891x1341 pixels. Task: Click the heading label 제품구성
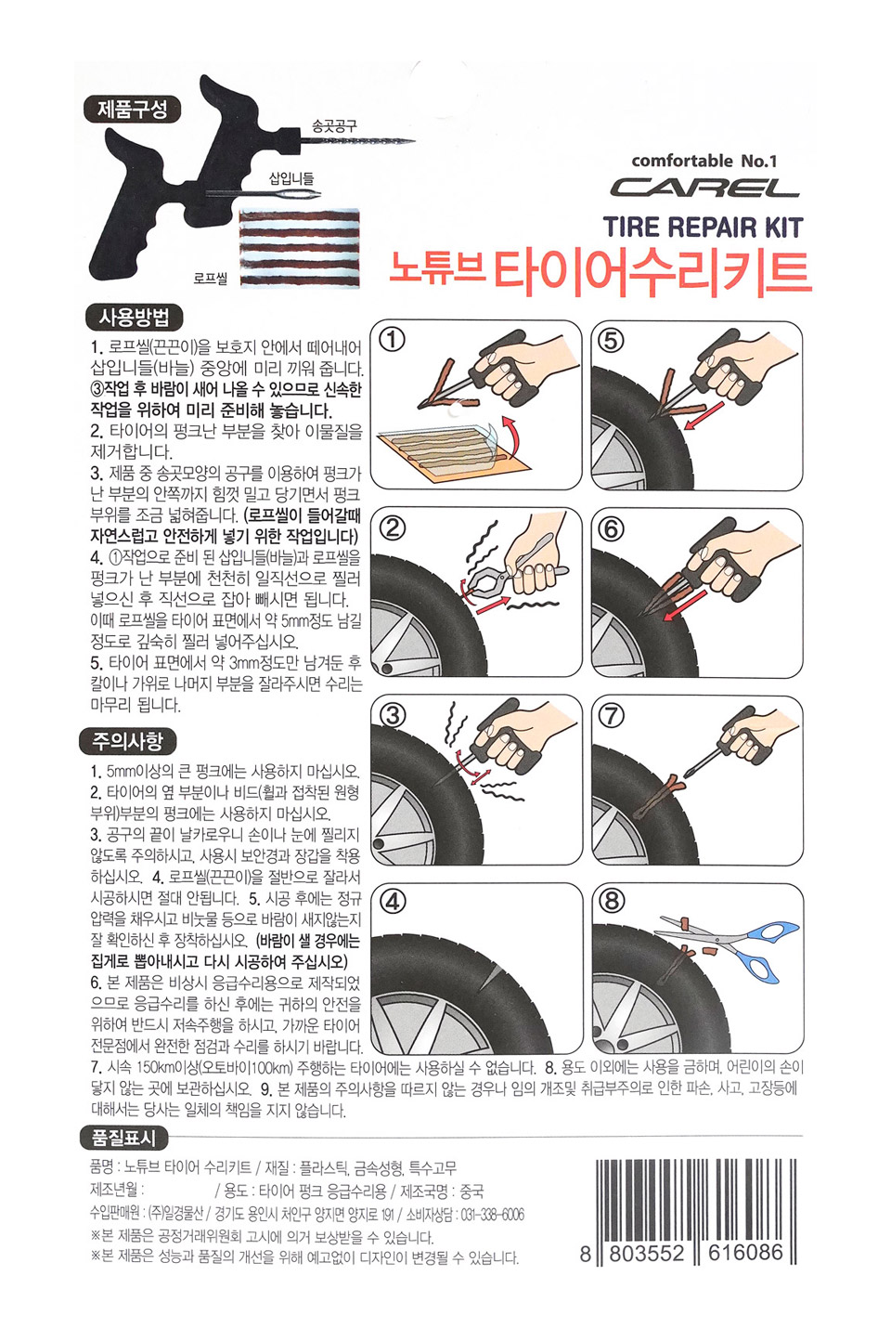pyautogui.click(x=132, y=110)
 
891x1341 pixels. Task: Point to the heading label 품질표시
pyautogui.click(x=123, y=1138)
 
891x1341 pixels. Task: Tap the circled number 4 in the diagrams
pyautogui.click(x=392, y=901)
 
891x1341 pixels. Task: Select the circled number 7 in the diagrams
pyautogui.click(x=612, y=715)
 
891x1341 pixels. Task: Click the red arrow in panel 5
pyautogui.click(x=704, y=415)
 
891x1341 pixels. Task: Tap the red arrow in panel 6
pyautogui.click(x=686, y=605)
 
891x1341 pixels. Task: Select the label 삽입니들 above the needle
pyautogui.click(x=291, y=177)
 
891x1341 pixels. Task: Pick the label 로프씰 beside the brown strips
pyautogui.click(x=211, y=279)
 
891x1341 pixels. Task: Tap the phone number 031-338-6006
pyautogui.click(x=490, y=1215)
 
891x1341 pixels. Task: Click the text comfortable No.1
pyautogui.click(x=704, y=161)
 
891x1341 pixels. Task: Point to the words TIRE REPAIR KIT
pyautogui.click(x=703, y=228)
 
